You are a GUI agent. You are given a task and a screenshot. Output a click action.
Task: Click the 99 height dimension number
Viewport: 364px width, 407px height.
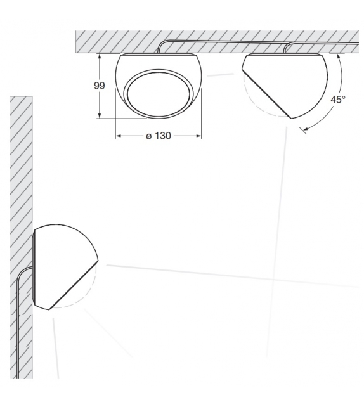pyautogui.click(x=100, y=86)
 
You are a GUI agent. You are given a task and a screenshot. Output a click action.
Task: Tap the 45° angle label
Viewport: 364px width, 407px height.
pyautogui.click(x=338, y=100)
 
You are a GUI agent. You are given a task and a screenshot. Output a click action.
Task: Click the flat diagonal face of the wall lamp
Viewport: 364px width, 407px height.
pyautogui.click(x=74, y=285)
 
